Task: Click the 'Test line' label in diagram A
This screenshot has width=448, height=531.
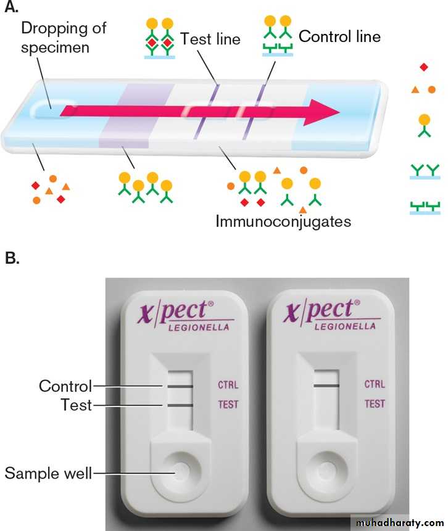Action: tap(210, 38)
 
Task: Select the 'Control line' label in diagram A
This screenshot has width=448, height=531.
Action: tap(339, 36)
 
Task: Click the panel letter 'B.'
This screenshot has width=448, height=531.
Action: tap(12, 257)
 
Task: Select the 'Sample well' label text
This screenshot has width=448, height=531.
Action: tap(48, 474)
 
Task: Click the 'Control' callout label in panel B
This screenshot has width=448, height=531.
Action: tap(65, 386)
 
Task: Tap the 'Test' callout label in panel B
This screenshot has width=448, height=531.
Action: tap(76, 405)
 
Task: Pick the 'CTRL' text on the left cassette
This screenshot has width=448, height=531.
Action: tap(228, 385)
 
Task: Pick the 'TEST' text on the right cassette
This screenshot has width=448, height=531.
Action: tap(375, 405)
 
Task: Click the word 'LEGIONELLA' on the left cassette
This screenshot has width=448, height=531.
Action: tap(199, 327)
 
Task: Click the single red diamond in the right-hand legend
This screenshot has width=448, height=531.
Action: tap(423, 66)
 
